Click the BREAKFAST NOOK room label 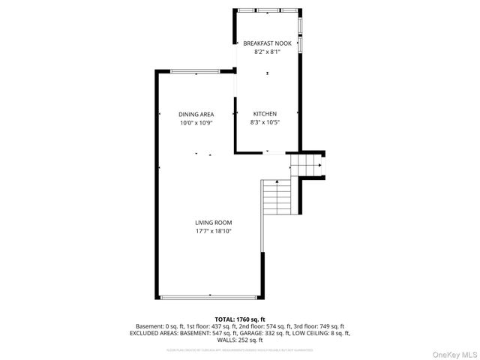coord(267,44)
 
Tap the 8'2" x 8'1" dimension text coord(267,52)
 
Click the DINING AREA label coord(196,114)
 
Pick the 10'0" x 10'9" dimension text coord(196,122)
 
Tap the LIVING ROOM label coord(214,223)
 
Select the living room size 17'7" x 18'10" coord(214,231)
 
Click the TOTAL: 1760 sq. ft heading coord(240,319)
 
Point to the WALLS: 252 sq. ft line coord(240,340)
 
